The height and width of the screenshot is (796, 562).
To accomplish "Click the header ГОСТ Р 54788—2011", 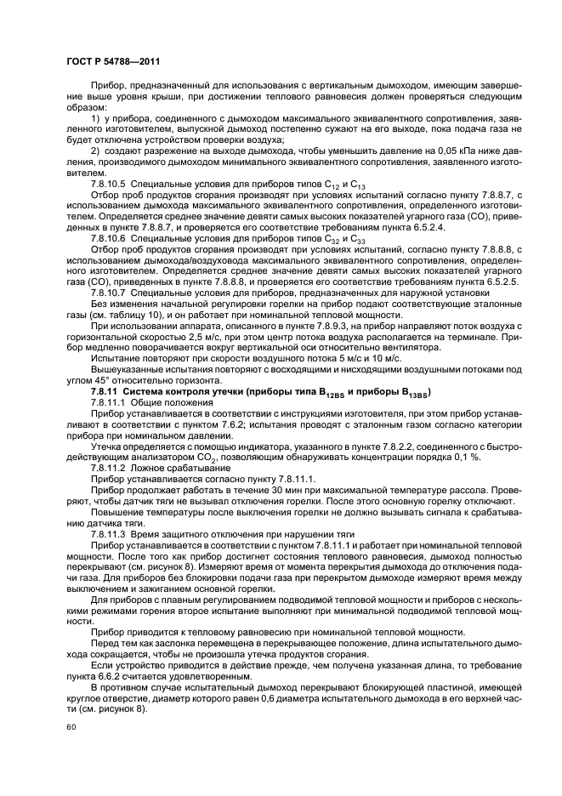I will tap(113, 61).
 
